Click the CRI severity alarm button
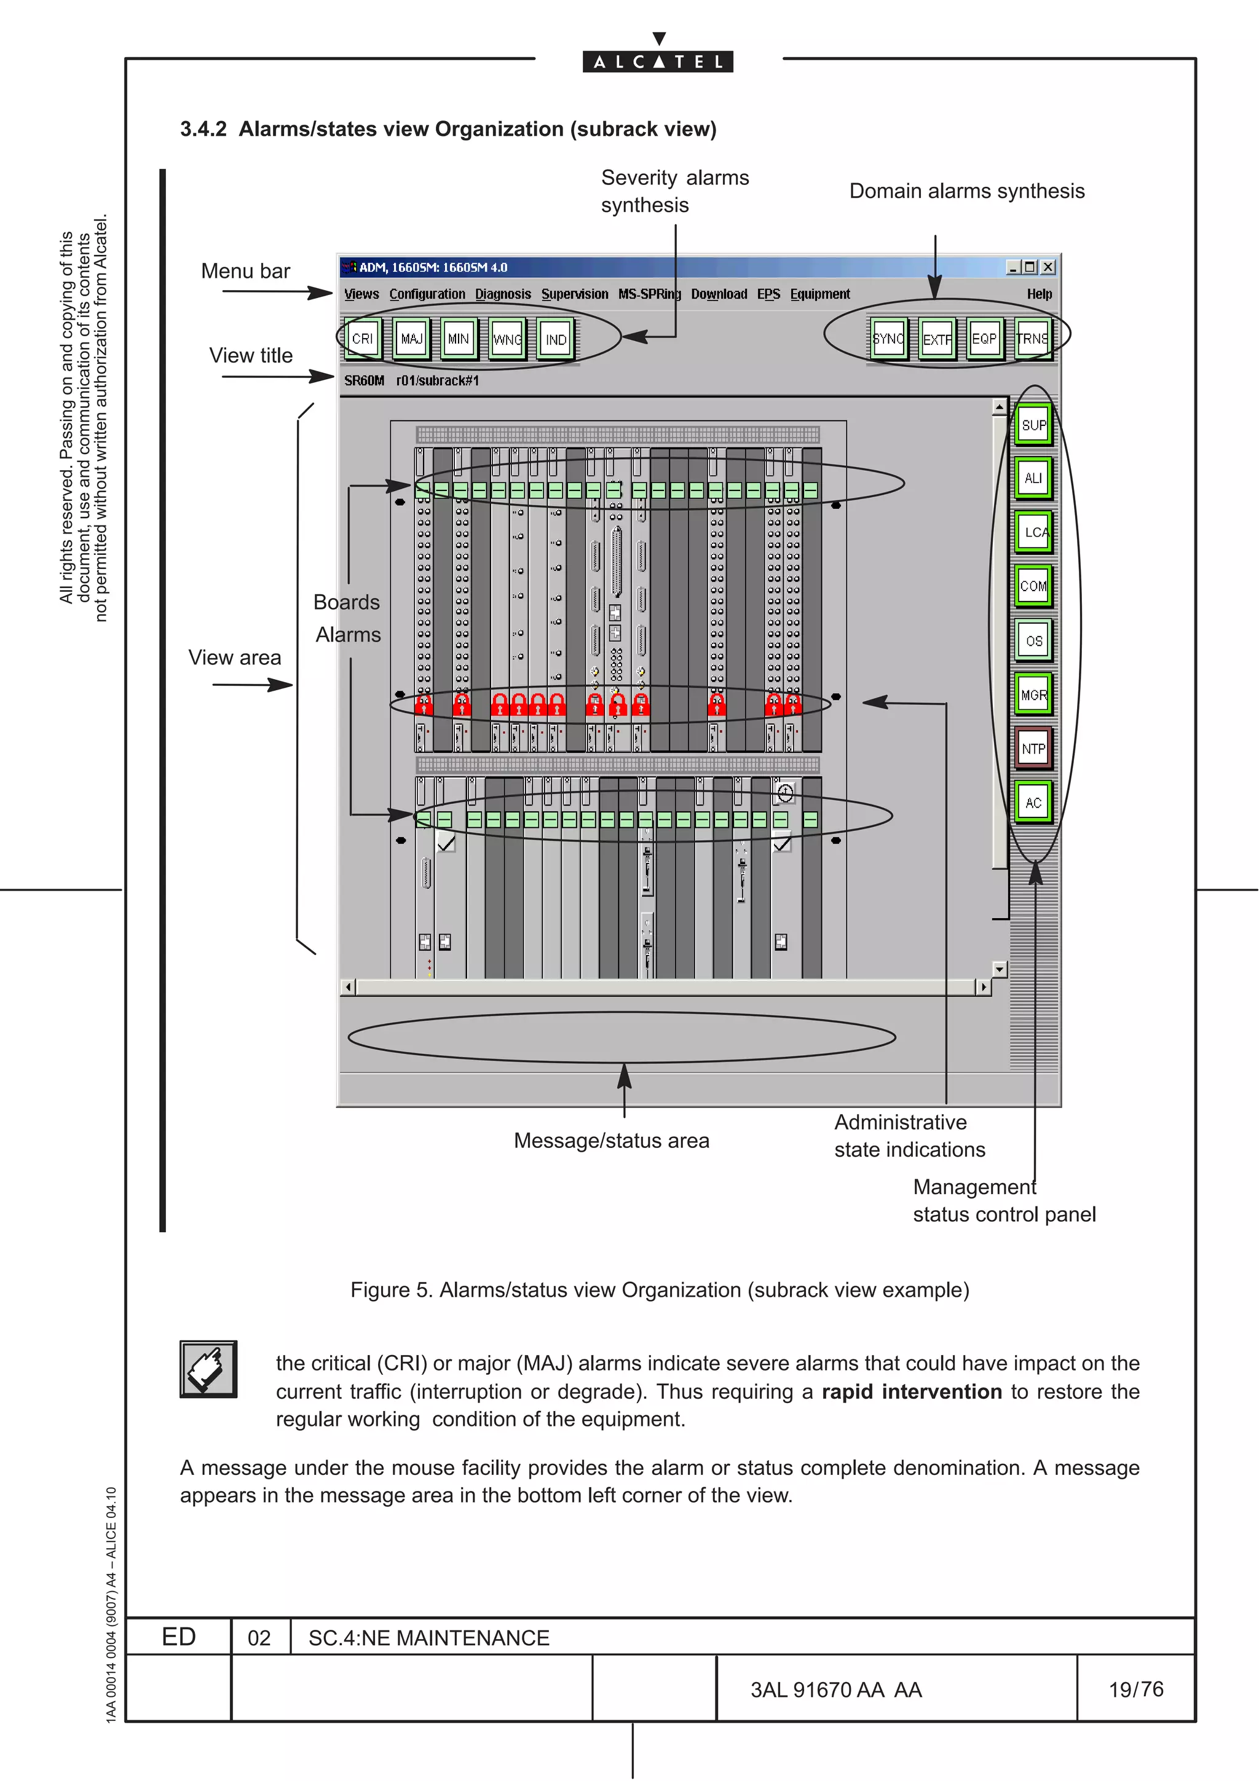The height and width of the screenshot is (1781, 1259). pos(362,339)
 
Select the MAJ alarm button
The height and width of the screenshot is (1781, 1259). pos(411,339)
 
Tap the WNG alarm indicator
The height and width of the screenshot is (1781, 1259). pos(507,339)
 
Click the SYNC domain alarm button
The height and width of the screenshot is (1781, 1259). pos(888,339)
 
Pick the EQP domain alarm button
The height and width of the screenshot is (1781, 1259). pos(984,339)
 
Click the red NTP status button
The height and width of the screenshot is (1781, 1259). pos(1033,749)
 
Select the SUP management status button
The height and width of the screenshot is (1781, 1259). pos(1033,425)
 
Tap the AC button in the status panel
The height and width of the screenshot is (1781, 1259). pos(1033,803)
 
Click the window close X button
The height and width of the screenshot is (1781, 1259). pos(1048,267)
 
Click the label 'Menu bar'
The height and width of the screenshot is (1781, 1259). pos(245,272)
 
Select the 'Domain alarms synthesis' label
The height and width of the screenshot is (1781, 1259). pos(966,192)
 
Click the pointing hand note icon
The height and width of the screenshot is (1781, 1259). pos(208,1369)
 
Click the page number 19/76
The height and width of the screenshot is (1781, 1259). pos(1135,1689)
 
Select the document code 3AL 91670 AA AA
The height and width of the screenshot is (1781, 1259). pos(835,1690)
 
